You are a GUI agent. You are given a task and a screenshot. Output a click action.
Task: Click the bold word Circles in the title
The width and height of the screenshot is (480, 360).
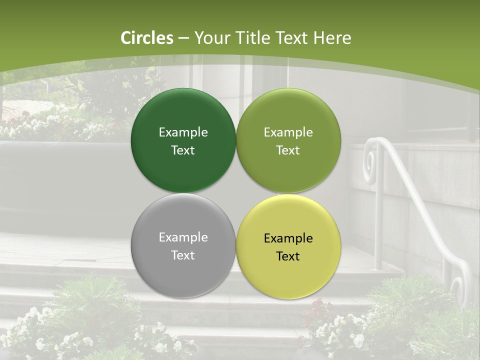point(147,38)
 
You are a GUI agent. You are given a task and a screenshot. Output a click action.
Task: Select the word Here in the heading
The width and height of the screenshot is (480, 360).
point(332,38)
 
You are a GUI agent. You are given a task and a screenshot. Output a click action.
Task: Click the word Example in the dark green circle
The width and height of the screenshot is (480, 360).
point(183,132)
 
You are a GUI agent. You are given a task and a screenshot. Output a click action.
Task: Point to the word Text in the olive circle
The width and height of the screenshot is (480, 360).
point(288,150)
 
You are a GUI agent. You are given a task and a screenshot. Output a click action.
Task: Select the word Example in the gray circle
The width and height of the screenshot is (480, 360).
point(183,237)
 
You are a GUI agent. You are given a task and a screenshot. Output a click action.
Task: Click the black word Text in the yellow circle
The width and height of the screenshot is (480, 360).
point(288,256)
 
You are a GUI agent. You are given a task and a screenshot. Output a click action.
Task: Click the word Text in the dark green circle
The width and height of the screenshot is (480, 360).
point(183,150)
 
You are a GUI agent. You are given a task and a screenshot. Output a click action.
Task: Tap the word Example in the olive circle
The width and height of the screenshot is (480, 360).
point(288,132)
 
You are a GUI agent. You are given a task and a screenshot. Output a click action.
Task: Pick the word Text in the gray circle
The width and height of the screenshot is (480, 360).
point(183,255)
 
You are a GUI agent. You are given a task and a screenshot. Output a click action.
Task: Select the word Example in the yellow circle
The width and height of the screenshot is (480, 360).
point(288,238)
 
